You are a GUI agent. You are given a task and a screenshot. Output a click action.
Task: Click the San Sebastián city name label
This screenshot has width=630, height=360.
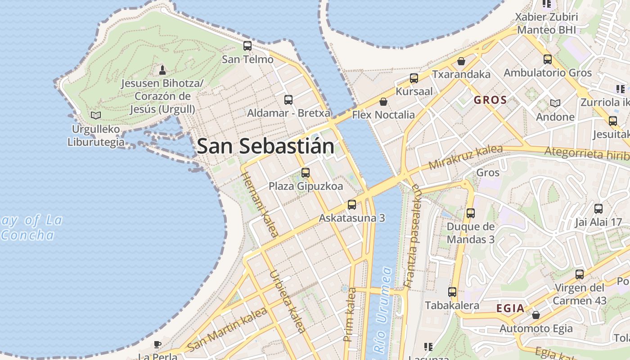(265, 147)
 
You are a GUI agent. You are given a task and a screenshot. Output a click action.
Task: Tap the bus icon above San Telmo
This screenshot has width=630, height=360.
(247, 46)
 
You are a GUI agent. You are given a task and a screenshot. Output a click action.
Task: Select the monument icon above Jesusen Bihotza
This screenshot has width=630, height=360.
(162, 70)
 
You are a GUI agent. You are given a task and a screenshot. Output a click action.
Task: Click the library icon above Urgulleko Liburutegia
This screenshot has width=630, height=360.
(95, 115)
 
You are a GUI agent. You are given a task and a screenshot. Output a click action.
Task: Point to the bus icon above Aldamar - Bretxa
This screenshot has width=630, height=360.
(288, 100)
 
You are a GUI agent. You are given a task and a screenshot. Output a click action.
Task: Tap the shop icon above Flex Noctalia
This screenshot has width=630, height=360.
(383, 102)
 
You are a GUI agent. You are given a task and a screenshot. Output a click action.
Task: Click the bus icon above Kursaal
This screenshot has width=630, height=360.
(414, 78)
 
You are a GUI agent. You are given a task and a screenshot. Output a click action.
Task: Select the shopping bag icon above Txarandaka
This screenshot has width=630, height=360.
(461, 61)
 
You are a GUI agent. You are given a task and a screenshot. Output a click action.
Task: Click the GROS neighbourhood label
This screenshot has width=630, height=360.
(490, 100)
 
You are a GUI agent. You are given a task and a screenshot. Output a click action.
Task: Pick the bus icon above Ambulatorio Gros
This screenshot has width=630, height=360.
(548, 59)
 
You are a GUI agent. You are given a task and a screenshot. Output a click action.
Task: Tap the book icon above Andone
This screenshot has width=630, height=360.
(555, 103)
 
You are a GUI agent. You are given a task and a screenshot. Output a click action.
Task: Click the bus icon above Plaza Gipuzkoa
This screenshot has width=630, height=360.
(306, 173)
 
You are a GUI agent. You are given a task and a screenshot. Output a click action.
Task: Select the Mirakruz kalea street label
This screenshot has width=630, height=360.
(465, 157)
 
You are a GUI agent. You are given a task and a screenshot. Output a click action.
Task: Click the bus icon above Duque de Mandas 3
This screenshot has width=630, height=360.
(471, 213)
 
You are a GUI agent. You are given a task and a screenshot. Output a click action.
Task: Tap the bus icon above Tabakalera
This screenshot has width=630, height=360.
(452, 292)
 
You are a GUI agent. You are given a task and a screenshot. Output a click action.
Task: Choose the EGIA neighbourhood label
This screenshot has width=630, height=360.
(510, 309)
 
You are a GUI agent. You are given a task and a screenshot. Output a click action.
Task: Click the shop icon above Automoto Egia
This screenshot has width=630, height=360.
(536, 315)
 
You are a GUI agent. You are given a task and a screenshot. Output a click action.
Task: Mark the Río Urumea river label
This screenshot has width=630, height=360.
(381, 310)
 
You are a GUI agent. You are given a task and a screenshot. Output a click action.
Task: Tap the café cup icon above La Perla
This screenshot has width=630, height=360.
(157, 345)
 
